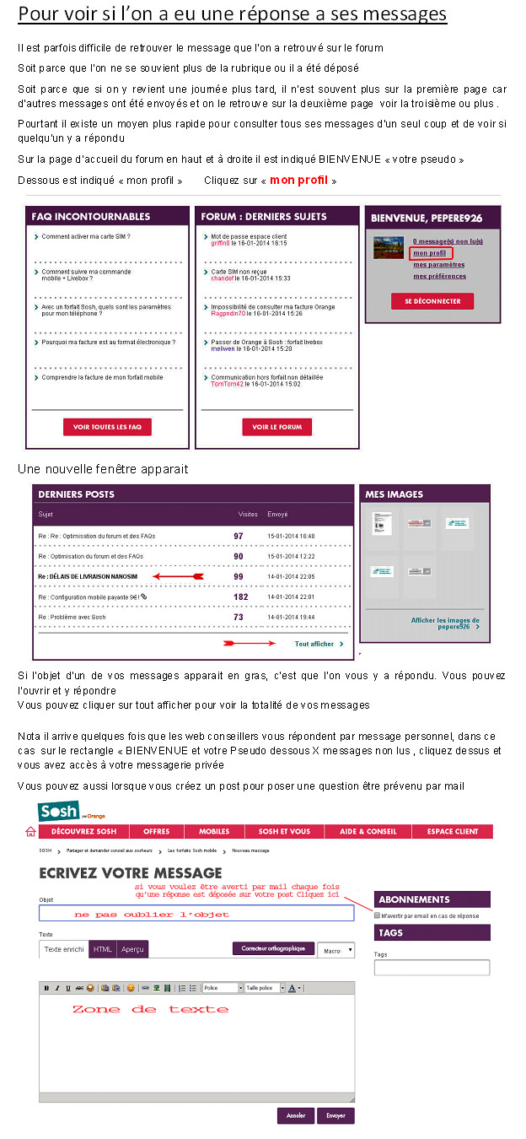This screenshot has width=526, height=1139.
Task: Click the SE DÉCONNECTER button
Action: coord(432,301)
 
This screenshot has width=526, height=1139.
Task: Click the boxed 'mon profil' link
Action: coord(431,252)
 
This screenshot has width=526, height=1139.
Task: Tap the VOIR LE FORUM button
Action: coord(276,427)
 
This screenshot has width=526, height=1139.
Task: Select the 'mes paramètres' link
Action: coord(438,264)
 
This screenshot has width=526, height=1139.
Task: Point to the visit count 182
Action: coord(240,596)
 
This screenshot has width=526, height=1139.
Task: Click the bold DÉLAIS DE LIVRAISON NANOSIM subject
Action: coord(94,576)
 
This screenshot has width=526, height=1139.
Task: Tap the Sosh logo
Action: coord(58,812)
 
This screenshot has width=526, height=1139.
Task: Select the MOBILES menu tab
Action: coord(213,832)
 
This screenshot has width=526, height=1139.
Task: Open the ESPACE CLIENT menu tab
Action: coord(452,832)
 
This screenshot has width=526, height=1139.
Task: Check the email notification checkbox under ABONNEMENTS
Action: coord(378,915)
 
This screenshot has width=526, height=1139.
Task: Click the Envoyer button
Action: coord(335,1115)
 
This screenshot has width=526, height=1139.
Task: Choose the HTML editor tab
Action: coord(102,949)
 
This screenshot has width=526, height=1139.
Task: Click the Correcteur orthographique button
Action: coord(273,948)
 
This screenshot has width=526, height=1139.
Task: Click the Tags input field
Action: coord(432,968)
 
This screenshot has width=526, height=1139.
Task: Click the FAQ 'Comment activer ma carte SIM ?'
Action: coord(86,237)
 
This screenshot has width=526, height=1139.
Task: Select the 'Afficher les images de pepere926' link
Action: coord(444,623)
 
